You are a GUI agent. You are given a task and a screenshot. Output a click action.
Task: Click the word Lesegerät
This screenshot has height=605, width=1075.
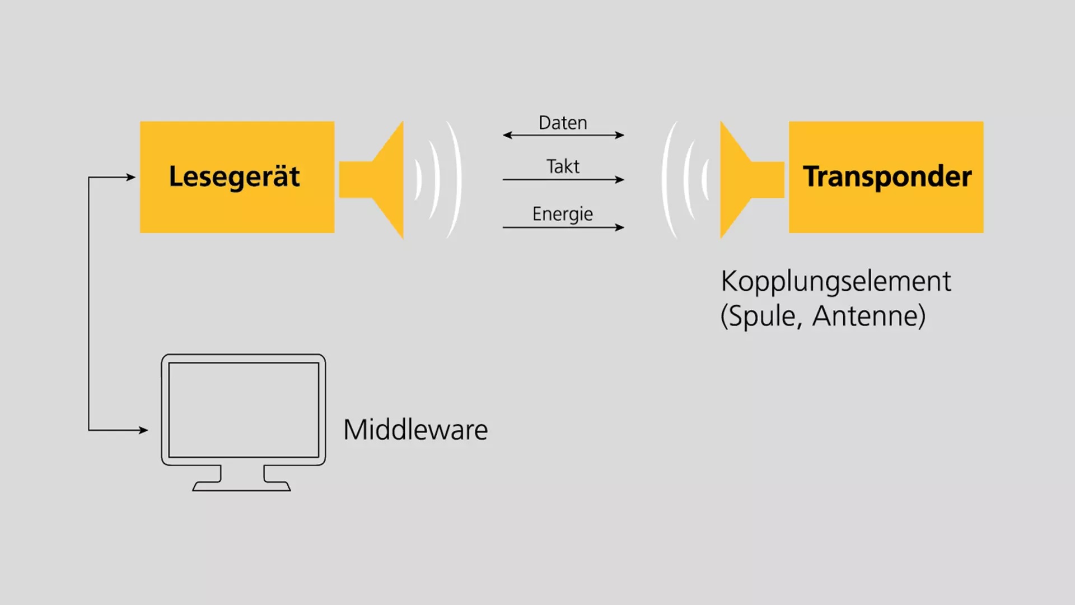coord(234,177)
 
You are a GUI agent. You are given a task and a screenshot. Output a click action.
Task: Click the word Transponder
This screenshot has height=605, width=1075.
coord(887,177)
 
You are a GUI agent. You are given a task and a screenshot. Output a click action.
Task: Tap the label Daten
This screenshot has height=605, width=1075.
coord(563,123)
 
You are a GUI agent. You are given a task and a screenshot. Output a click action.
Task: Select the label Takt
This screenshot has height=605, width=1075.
coord(563,166)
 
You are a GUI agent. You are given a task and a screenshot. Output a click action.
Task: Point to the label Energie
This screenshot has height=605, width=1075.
coord(562,214)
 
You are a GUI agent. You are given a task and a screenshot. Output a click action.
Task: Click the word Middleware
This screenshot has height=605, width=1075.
coord(415,430)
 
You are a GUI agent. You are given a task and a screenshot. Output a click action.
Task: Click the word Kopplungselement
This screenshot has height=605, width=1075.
coord(835,281)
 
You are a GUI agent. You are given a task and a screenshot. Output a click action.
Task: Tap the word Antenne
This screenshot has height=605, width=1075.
coord(868,316)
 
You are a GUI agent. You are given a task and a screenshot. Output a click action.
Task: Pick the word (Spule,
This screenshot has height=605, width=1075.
coord(761,317)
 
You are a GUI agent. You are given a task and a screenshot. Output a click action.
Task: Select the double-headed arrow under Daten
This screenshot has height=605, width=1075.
coord(563,135)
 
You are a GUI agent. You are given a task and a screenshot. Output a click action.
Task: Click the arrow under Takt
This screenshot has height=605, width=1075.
coord(563,179)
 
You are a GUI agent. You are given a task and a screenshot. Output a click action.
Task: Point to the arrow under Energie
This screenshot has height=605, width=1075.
coord(563,227)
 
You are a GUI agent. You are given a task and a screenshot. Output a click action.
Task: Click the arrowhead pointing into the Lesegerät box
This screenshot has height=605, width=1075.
coord(131,177)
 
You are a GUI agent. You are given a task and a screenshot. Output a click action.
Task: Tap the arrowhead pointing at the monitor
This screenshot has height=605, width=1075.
coord(143,430)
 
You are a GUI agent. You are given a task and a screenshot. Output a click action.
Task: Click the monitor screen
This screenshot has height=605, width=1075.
coord(244,409)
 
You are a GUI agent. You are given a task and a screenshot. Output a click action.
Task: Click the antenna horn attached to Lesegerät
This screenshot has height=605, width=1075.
coord(381,179)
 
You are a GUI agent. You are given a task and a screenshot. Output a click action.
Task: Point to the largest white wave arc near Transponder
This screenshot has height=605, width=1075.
coord(666,179)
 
